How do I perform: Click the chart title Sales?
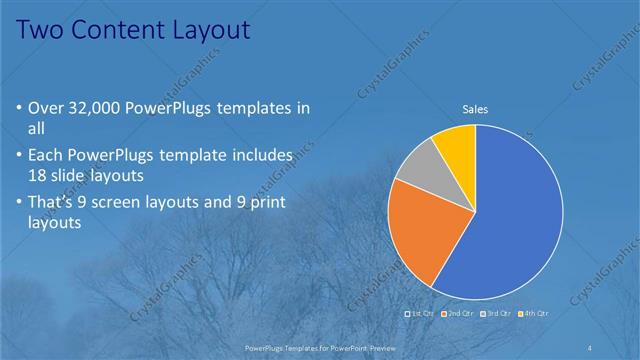pyautogui.click(x=475, y=109)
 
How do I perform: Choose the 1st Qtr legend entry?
pyautogui.click(x=420, y=313)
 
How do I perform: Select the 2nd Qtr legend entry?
pyautogui.click(x=459, y=313)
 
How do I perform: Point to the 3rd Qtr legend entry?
pyautogui.click(x=497, y=313)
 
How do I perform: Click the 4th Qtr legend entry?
pyautogui.click(x=534, y=313)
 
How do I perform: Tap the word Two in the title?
pyautogui.click(x=41, y=30)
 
